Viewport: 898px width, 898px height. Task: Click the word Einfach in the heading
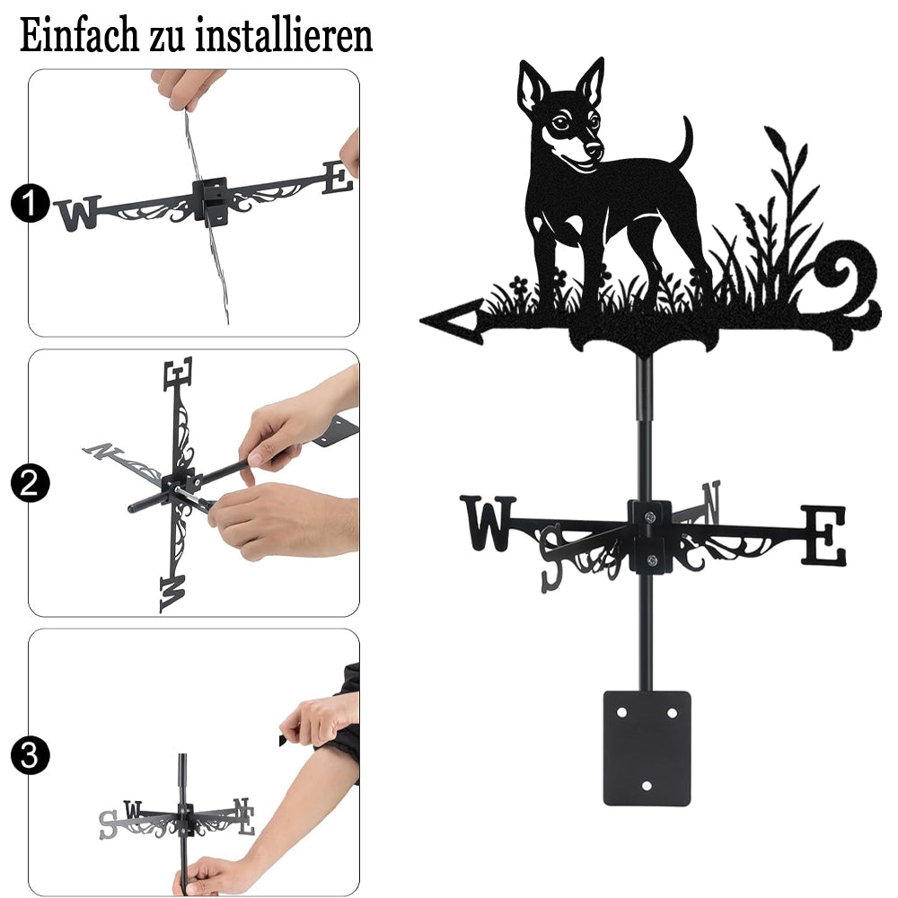coord(79,36)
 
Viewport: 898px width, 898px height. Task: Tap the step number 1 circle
coord(30,203)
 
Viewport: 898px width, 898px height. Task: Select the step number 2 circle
coord(30,483)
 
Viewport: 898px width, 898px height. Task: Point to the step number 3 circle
coord(30,755)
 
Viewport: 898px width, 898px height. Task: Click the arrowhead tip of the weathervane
coord(421,321)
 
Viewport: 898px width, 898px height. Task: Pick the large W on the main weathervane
coord(488,523)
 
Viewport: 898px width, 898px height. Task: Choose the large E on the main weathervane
coord(823,535)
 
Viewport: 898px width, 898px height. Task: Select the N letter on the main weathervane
coord(710,502)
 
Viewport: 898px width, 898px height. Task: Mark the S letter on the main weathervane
coord(552,558)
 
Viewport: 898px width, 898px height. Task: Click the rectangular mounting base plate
coord(647,748)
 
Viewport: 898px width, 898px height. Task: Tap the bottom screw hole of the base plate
coord(647,786)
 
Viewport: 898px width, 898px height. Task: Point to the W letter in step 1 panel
coord(79,213)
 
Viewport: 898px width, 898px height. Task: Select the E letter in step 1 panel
coord(338,177)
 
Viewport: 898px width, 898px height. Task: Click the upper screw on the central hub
coord(649,517)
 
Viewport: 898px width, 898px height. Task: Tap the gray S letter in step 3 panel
coord(108,825)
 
